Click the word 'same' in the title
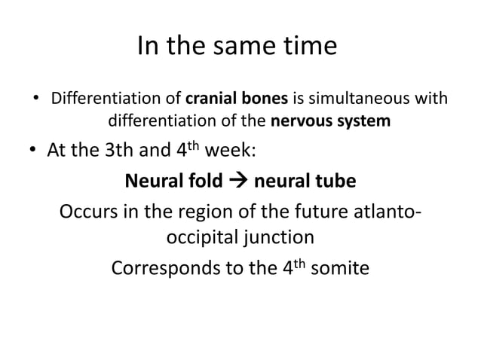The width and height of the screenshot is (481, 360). (245, 47)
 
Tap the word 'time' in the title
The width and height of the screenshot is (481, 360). (311, 47)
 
